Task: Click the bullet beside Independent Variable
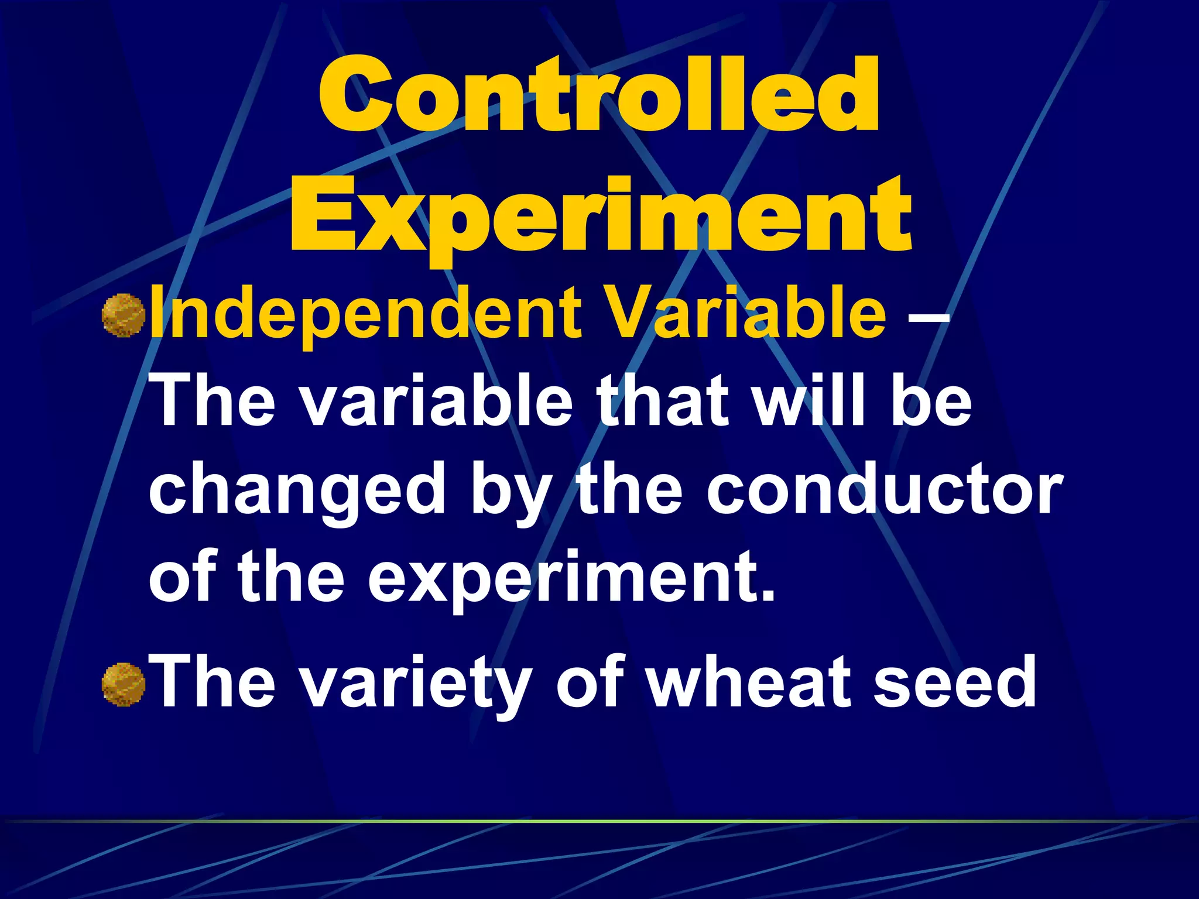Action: click(123, 316)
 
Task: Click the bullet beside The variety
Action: click(123, 684)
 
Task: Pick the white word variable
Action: click(436, 401)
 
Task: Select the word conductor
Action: click(884, 489)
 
